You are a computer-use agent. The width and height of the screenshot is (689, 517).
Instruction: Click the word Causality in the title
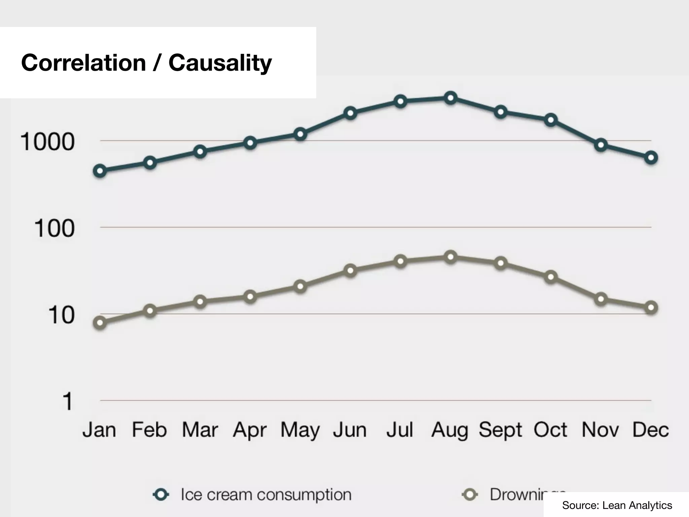[220, 63]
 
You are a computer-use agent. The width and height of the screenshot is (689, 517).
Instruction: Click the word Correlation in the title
[83, 63]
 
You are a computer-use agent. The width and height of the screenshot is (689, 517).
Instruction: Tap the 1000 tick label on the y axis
[47, 142]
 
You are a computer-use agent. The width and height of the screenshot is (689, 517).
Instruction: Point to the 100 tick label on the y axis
[54, 229]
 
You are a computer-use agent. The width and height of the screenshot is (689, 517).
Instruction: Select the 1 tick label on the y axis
[68, 401]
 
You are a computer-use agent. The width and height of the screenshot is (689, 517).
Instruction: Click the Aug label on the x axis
[449, 430]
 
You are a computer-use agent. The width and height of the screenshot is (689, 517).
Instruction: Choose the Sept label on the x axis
[500, 430]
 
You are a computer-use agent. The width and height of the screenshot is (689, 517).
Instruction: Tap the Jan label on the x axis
[99, 430]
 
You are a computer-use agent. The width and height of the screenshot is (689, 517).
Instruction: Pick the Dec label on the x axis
[650, 430]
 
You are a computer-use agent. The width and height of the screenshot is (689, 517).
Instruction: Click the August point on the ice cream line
[450, 98]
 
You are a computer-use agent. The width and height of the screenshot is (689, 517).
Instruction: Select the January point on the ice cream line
[100, 171]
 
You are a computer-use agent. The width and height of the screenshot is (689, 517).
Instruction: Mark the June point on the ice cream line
[350, 113]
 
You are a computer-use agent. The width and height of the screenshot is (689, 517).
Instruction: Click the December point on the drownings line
[651, 308]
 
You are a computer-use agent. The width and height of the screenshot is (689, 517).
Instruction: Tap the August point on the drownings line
[450, 257]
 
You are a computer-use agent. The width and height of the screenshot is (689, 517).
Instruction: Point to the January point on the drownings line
[100, 322]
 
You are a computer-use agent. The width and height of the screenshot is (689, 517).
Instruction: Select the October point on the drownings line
[551, 277]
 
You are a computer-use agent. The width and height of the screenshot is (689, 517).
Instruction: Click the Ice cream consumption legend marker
[161, 495]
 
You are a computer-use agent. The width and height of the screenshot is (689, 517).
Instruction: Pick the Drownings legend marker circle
[470, 495]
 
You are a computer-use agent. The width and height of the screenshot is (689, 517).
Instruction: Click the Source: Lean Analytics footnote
[617, 505]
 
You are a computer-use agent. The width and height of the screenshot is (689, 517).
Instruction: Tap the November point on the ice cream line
[601, 145]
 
